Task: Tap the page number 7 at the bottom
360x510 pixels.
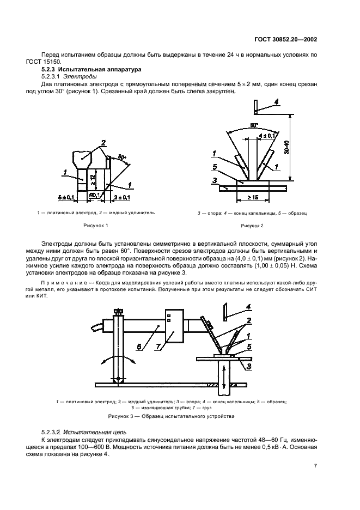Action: tap(315, 465)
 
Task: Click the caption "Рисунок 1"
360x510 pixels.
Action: tap(96, 225)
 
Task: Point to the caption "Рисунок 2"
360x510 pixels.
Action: tap(252, 225)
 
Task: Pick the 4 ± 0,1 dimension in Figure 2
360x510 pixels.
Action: tap(267, 135)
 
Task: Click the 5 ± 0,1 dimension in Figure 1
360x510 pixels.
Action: tap(68, 195)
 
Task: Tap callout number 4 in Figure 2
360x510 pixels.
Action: tap(276, 101)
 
